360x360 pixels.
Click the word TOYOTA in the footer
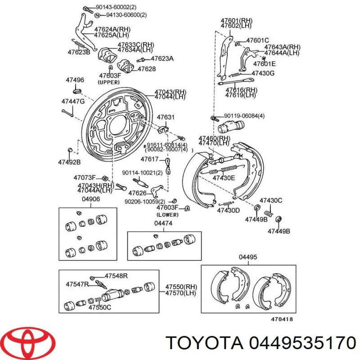pos(203,343)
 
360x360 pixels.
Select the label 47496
pos(75,80)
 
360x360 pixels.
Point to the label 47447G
pos(73,101)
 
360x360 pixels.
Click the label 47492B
pos(69,162)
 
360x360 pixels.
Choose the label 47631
pos(165,117)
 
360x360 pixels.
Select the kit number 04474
pos(163,223)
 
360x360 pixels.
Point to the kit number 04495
pos(247,257)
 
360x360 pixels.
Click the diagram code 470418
pos(282,319)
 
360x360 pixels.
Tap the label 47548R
pos(116,276)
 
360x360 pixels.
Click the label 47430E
pos(224,178)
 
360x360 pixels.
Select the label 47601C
pos(257,40)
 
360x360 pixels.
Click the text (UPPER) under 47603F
pos(108,82)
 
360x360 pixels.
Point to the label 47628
pos(146,69)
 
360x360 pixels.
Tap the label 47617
pos(149,159)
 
